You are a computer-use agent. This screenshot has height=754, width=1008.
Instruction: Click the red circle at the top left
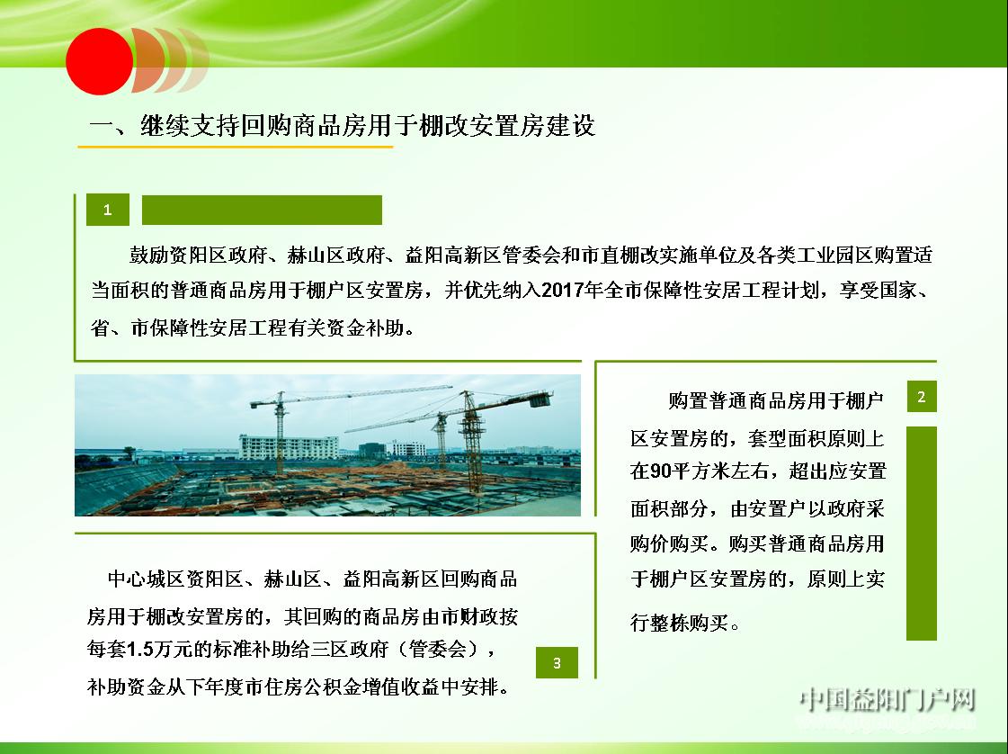coord(100,61)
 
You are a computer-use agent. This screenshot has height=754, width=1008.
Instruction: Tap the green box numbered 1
coord(107,209)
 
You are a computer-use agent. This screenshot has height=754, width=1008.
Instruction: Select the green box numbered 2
coord(921,396)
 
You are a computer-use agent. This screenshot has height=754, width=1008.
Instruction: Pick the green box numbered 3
coord(557,662)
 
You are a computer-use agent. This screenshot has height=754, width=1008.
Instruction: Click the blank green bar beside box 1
coord(262,210)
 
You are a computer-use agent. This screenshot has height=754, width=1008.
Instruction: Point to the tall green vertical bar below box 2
coord(921,533)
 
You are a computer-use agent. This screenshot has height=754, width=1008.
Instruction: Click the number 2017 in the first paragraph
coord(562,291)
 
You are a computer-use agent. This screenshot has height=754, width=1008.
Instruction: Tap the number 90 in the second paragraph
coord(660,471)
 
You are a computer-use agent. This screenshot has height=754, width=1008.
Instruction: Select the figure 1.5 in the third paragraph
coord(140,650)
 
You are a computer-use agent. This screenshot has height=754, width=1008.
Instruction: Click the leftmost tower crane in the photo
coord(280,431)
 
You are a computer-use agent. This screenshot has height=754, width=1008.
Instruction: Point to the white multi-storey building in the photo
coord(289,447)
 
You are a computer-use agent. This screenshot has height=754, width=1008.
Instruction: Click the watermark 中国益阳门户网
coord(888,700)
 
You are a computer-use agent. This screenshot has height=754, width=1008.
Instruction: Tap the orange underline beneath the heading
coord(236,147)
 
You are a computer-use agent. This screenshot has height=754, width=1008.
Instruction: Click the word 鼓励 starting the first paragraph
coord(149,256)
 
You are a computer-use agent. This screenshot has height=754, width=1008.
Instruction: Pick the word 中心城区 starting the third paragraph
coord(146,579)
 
